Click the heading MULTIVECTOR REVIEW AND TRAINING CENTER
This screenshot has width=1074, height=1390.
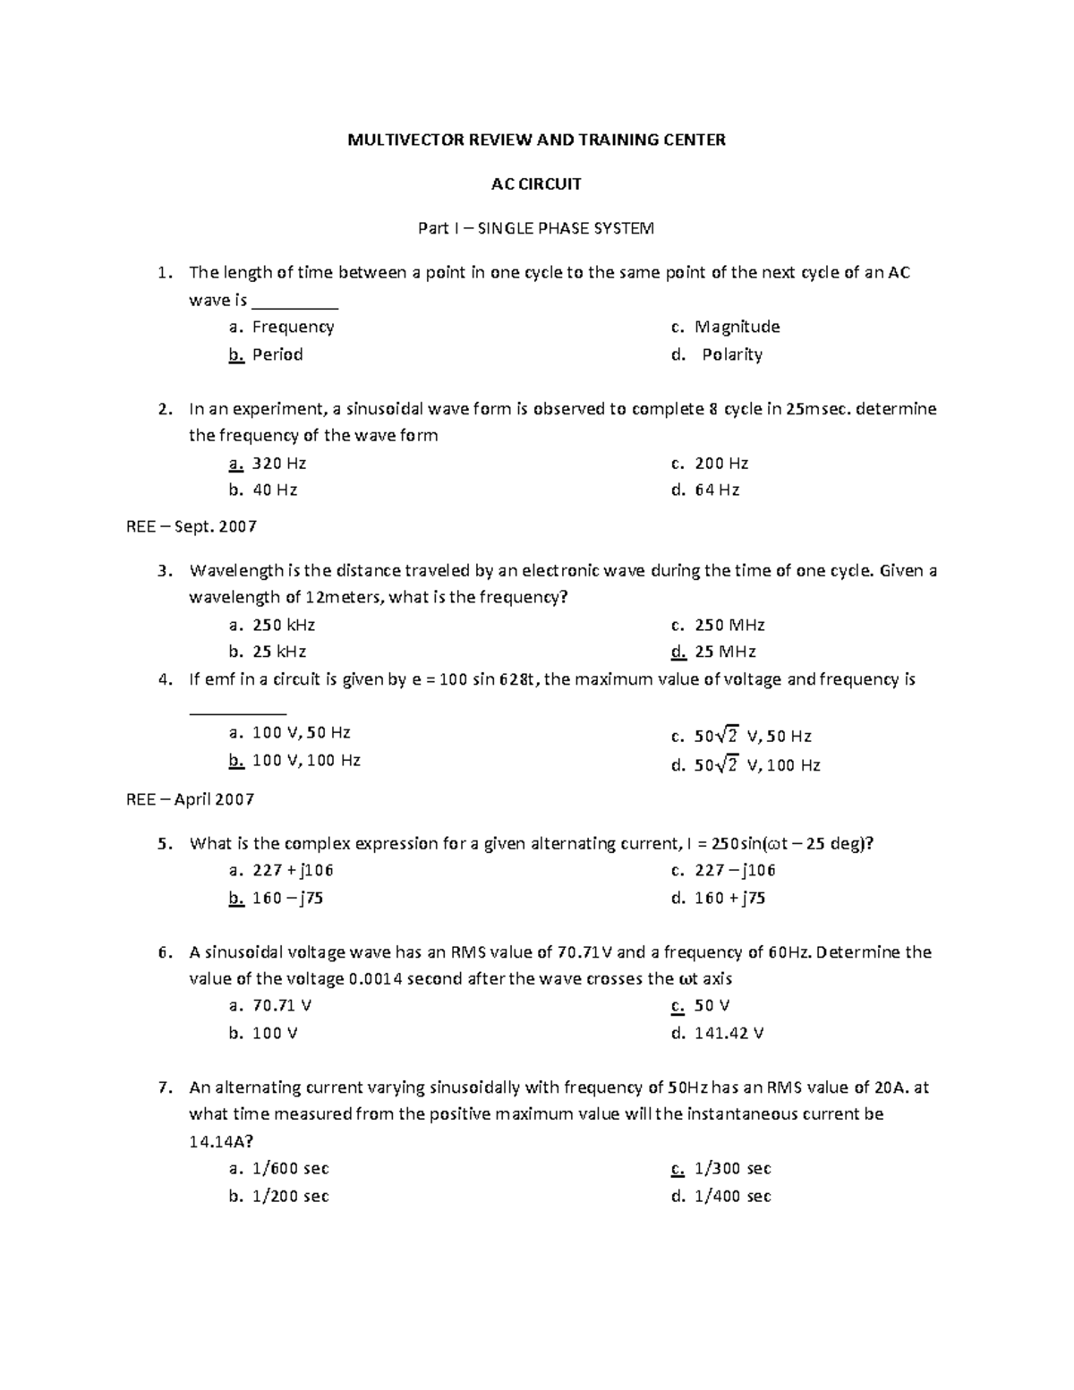[x=536, y=140]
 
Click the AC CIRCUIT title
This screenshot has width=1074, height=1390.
[x=536, y=184]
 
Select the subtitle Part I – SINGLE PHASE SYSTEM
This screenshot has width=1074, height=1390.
[x=536, y=228]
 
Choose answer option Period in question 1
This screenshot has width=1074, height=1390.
[x=277, y=354]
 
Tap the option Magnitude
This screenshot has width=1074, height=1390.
[x=737, y=327]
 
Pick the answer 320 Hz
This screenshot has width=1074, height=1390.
[x=279, y=464]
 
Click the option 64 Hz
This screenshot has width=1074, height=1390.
[x=716, y=490]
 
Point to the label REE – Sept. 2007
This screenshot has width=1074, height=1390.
[x=192, y=526]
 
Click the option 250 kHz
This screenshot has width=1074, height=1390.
[x=284, y=625]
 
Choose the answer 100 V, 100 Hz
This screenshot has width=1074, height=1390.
[x=306, y=761]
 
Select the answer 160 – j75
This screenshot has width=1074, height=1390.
[x=287, y=898]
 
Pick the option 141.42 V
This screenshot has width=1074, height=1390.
[x=729, y=1033]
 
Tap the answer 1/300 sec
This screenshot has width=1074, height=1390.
[x=732, y=1169]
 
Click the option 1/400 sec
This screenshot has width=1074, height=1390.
[x=732, y=1197]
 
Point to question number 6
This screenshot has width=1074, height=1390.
[x=163, y=952]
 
